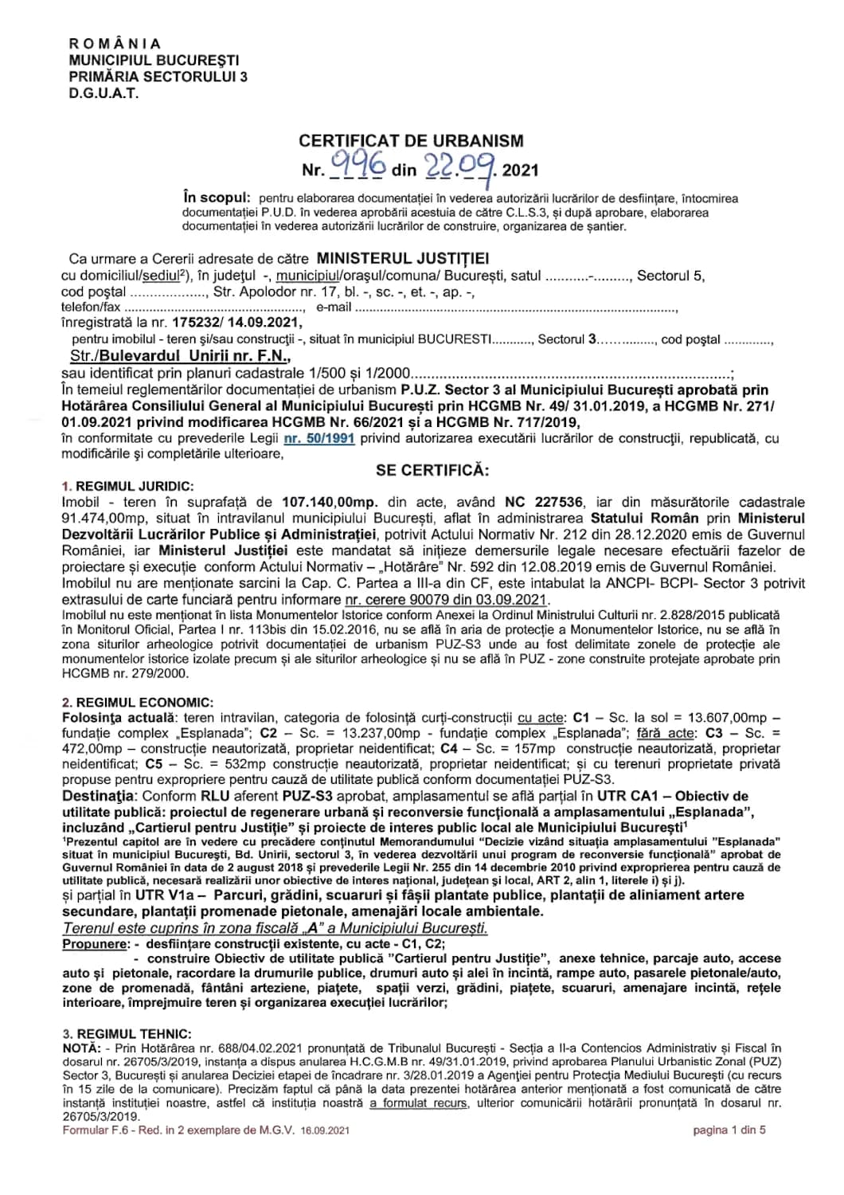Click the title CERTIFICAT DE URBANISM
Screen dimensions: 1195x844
[411, 141]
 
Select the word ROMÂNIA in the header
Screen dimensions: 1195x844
[115, 44]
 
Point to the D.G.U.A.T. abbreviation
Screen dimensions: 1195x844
[104, 93]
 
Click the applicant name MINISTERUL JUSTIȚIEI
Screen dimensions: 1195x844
[402, 259]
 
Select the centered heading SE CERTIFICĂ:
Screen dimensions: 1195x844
[433, 469]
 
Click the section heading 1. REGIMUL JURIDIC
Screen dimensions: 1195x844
[127, 487]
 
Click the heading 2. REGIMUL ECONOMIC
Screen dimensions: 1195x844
[137, 702]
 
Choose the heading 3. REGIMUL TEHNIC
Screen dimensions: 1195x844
[127, 1033]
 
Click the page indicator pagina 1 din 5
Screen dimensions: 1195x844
[729, 1129]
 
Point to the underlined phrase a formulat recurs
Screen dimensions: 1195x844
[420, 1103]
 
